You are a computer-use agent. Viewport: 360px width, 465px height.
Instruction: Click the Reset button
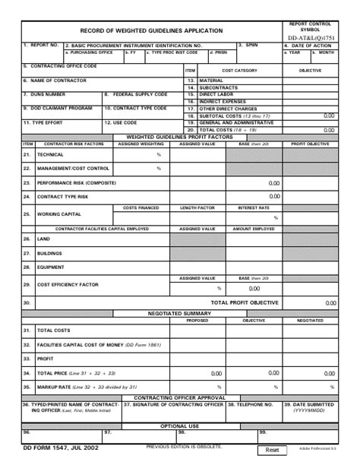[273, 450]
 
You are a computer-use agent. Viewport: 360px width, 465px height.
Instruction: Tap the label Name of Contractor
[55, 81]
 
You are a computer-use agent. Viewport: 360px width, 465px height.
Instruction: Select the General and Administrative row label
[235, 122]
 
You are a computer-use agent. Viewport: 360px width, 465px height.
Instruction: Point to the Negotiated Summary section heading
[179, 313]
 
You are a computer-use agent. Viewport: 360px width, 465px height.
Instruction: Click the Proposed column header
[197, 320]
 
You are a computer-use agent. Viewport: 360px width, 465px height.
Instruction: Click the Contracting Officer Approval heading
[179, 397]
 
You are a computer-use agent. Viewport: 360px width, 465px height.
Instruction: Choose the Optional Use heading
[179, 425]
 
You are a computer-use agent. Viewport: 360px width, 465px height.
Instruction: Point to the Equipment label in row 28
[51, 267]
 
